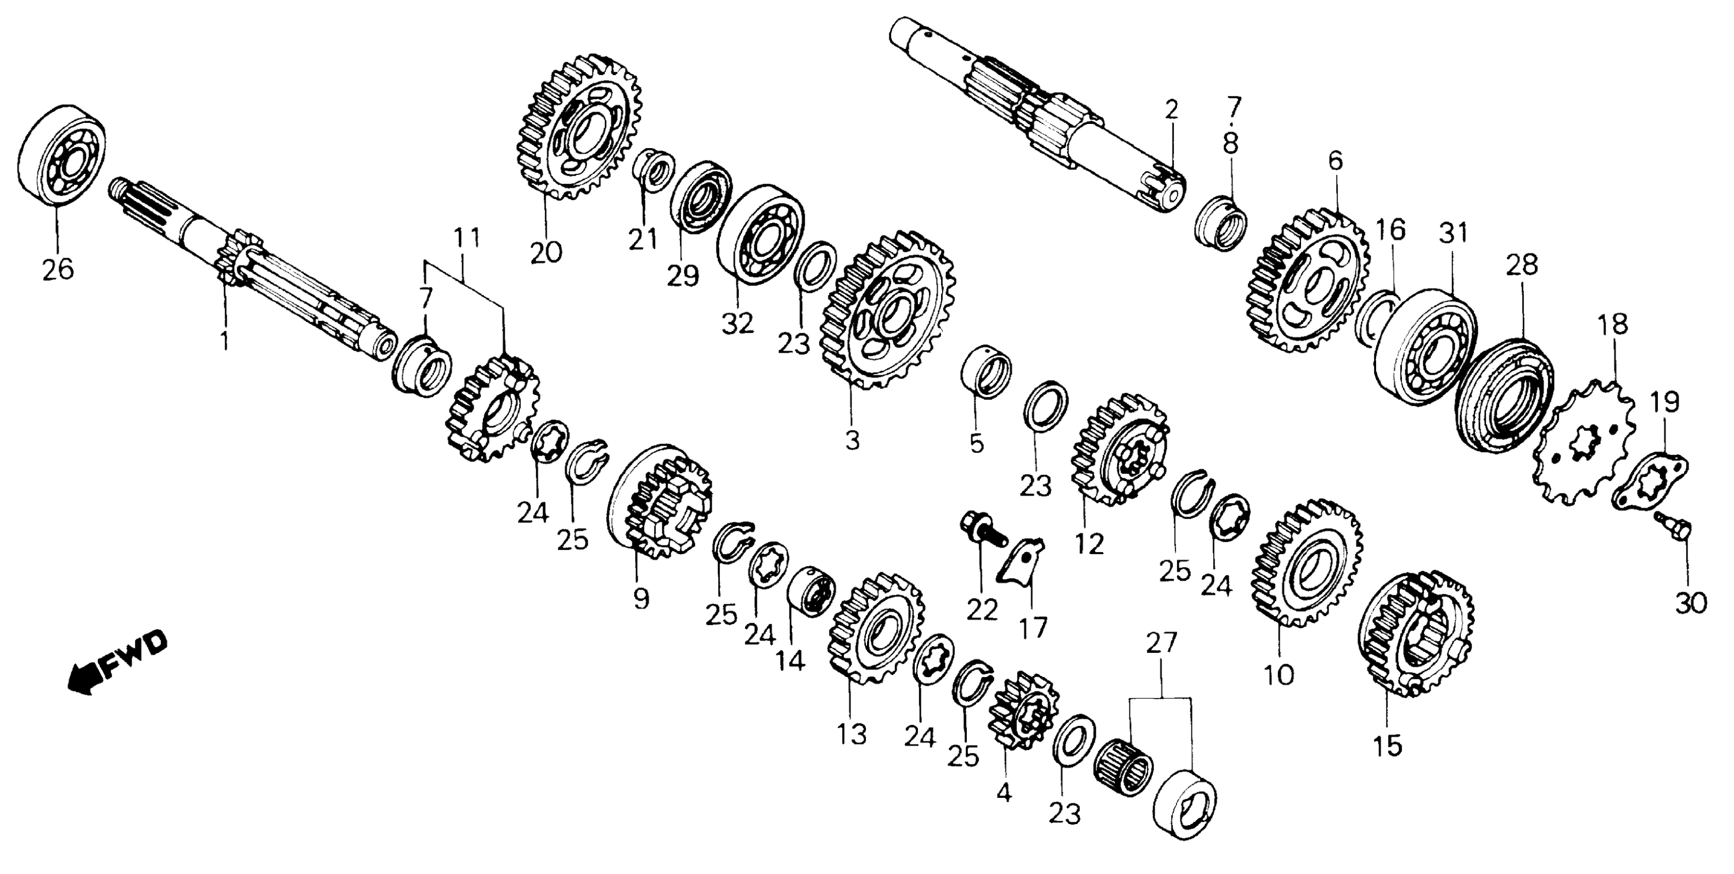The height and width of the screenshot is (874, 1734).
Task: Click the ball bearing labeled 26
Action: point(61,155)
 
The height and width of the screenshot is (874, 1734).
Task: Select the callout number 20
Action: point(545,253)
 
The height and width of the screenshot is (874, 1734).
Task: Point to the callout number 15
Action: point(1387,745)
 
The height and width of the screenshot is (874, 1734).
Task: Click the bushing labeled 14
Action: point(810,591)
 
